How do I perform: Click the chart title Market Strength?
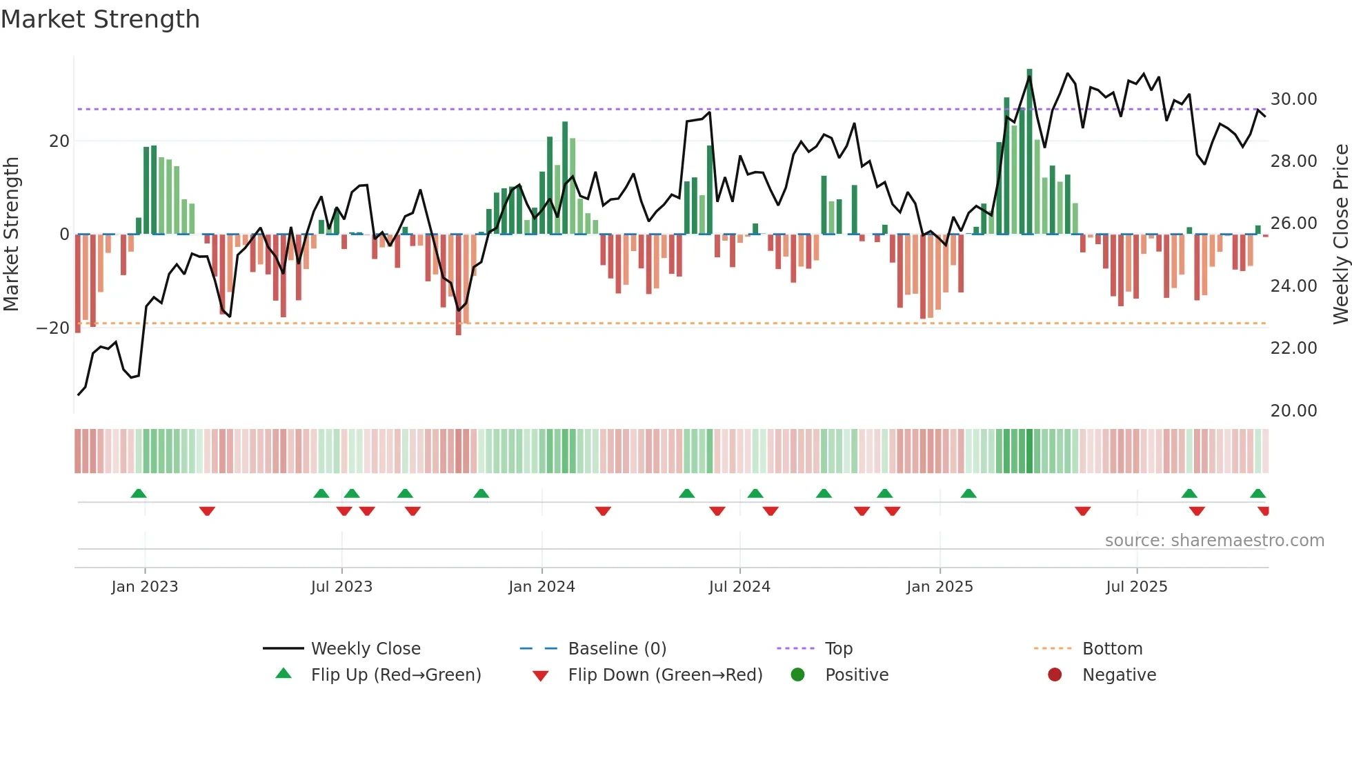point(100,19)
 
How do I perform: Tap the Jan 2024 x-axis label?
point(541,587)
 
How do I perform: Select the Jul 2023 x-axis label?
point(341,587)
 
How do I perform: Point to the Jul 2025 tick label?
point(1136,587)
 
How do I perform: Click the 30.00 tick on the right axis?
point(1293,99)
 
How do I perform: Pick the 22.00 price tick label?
point(1293,348)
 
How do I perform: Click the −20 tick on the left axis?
point(53,328)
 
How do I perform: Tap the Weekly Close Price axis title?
point(1340,234)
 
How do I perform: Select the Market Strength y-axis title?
point(11,234)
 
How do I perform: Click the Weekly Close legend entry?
point(365,649)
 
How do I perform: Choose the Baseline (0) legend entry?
point(617,649)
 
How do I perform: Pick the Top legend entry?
point(839,649)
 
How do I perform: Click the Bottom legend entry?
point(1112,649)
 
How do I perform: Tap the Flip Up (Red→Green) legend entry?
point(395,675)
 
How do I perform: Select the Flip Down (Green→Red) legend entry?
point(665,675)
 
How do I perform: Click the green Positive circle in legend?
point(798,675)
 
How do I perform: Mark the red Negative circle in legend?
point(1055,675)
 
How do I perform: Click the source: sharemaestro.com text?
point(1214,541)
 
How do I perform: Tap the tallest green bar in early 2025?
point(1029,152)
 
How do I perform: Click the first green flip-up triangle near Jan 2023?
point(139,493)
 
